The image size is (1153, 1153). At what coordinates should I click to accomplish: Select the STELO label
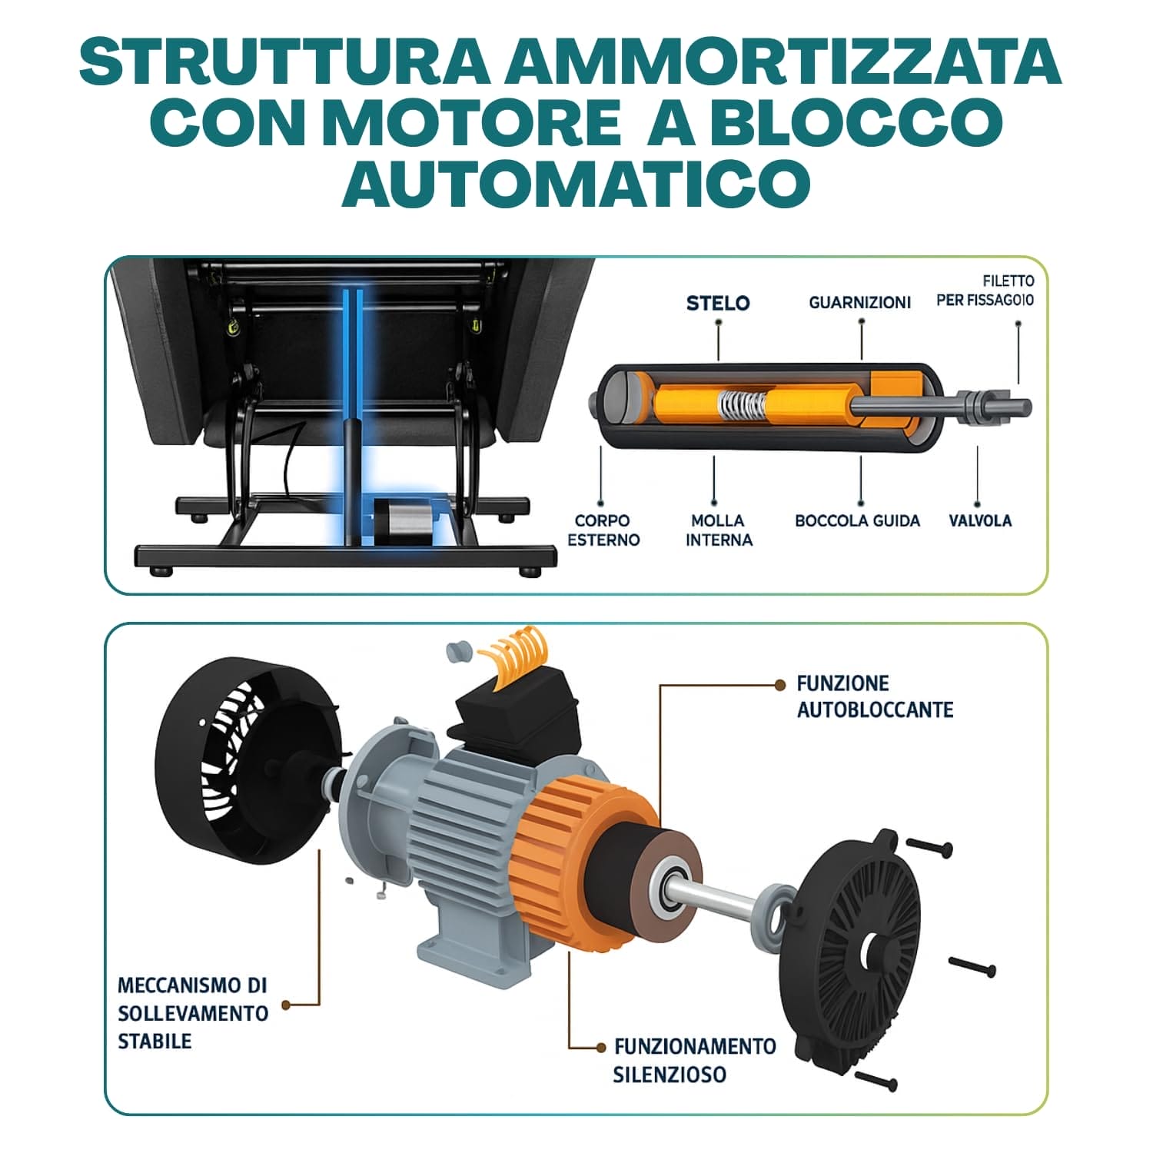click(x=718, y=303)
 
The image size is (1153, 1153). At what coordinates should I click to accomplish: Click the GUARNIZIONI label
click(x=859, y=303)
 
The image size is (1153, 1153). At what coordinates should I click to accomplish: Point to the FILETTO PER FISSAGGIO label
click(x=985, y=291)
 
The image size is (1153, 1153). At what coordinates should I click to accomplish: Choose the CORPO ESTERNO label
click(x=603, y=530)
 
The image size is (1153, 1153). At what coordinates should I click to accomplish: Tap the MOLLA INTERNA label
click(x=719, y=530)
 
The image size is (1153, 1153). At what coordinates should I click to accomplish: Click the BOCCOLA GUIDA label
click(x=857, y=521)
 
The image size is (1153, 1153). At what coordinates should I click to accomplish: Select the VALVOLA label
click(x=980, y=521)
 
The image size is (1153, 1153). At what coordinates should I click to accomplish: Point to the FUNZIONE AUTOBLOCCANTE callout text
click(x=875, y=696)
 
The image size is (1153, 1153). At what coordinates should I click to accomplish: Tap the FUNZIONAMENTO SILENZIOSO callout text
click(x=694, y=1060)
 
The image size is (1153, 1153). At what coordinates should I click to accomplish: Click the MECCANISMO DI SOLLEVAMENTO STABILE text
click(x=193, y=1013)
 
